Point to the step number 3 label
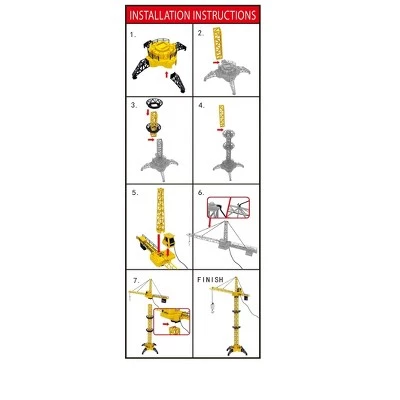coord(132,104)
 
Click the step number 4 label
coord(201,104)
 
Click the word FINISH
coord(212,278)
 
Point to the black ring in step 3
coord(157,105)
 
